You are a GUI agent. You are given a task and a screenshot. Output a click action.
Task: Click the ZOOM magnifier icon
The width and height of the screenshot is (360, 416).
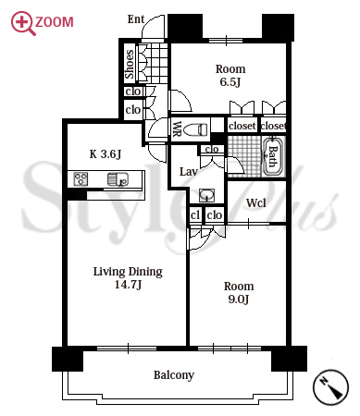point(22,23)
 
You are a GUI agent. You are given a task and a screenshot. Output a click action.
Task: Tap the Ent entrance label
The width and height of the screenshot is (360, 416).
point(136,19)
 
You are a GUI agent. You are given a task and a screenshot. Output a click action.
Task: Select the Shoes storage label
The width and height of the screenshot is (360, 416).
point(130,64)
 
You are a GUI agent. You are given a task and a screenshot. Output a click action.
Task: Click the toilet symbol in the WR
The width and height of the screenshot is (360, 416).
point(195,129)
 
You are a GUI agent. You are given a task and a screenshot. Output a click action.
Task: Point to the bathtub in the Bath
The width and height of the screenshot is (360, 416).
point(273,156)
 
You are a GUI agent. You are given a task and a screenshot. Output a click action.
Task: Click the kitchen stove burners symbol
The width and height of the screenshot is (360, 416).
point(81,179)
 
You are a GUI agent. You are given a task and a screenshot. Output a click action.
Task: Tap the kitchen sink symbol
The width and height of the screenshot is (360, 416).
point(118,179)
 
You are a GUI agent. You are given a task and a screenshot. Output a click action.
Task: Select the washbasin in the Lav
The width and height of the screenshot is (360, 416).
point(206,195)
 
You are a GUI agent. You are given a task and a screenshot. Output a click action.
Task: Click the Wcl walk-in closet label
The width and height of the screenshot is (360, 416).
point(256,203)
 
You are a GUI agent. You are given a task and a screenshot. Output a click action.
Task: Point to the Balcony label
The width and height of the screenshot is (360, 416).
point(174,375)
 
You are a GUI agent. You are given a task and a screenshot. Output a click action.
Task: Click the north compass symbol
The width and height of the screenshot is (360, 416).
point(330,386)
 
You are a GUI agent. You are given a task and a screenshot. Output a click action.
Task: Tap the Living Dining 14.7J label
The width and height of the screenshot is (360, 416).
point(128,277)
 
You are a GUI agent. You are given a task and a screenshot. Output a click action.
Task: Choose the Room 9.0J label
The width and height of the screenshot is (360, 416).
point(239,292)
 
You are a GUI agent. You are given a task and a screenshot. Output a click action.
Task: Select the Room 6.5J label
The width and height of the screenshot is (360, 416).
point(230,75)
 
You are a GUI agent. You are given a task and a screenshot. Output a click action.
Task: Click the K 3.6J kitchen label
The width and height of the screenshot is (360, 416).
point(106,153)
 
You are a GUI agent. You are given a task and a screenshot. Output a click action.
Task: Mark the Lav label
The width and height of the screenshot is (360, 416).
point(189,172)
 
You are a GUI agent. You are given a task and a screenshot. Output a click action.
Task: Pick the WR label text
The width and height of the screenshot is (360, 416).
point(177,129)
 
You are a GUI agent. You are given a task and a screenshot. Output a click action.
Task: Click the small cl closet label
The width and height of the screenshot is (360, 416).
point(195,214)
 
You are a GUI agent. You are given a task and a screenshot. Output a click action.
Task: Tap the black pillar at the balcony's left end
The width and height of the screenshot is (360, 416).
point(68,359)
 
